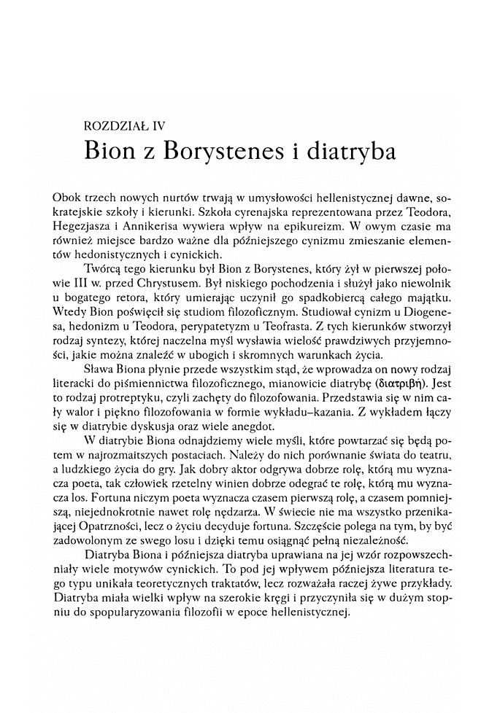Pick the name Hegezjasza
[x=82, y=226]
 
